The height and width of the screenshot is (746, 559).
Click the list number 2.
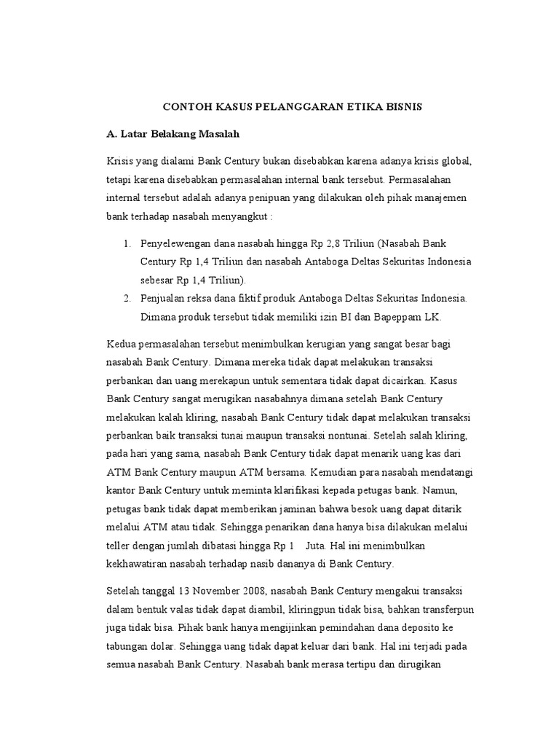click(126, 299)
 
